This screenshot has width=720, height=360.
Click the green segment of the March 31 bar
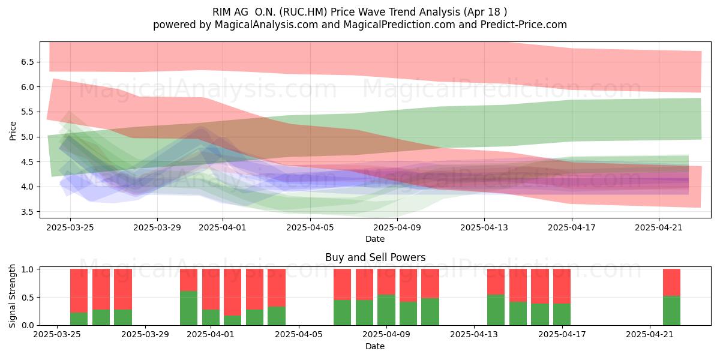coord(188,308)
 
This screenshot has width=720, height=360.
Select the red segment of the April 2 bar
coord(232,292)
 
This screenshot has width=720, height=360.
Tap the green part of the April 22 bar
coord(672,311)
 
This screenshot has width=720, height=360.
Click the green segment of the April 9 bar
coord(386,310)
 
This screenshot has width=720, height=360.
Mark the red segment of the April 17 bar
coord(562,286)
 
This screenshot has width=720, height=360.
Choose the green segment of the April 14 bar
coord(496,310)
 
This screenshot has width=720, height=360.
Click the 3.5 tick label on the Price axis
coord(28,212)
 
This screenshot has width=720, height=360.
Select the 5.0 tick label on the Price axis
coord(28,137)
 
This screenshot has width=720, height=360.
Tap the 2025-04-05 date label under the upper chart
coord(310,227)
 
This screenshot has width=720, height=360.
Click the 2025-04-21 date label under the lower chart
coord(650,335)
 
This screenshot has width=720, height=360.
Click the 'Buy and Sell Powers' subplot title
coord(376,257)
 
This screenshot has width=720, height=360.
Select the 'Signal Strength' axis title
coord(12,296)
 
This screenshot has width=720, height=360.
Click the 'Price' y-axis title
coord(13,131)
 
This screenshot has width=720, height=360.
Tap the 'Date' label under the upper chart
coord(375,239)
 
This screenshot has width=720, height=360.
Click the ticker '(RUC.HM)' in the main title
coord(304,12)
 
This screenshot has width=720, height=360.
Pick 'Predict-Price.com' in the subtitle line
coord(524,25)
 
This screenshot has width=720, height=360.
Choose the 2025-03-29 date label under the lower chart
coord(145,335)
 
